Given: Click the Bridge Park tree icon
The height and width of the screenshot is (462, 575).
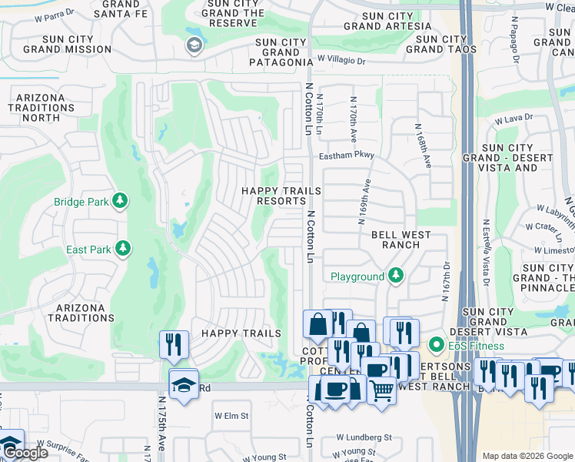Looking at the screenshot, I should click(120, 202).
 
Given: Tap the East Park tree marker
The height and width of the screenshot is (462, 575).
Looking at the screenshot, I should click(122, 249).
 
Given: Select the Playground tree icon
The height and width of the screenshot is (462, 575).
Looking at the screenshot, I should click(395, 276).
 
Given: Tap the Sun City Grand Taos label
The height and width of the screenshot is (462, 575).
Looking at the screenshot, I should click(441, 44).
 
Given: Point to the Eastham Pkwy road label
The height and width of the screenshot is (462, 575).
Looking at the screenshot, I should click(347, 155).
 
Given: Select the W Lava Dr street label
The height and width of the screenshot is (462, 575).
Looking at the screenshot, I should click(514, 120).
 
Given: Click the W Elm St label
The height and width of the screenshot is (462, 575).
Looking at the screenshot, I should click(231, 416).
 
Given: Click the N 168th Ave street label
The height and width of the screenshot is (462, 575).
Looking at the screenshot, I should click(424, 146).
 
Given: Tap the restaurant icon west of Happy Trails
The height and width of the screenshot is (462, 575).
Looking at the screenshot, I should click(174, 344).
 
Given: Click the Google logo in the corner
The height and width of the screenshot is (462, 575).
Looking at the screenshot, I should click(25, 453).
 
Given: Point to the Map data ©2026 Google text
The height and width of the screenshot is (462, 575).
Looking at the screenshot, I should click(528, 456).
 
